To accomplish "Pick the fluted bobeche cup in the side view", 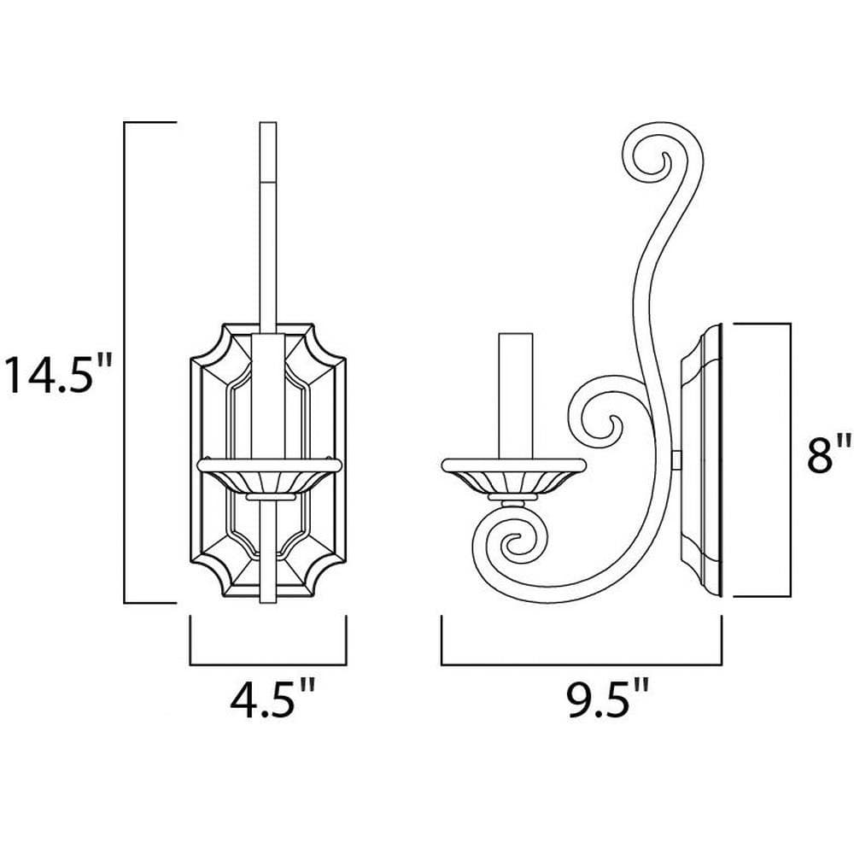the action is (513, 478).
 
